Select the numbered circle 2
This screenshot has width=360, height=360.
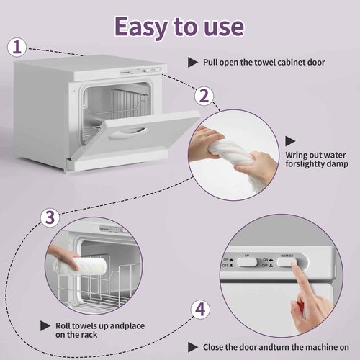[x=204, y=96]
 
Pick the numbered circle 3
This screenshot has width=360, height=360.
[x=49, y=217]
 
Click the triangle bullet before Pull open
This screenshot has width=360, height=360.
[x=192, y=63]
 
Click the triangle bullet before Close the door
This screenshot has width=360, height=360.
[x=194, y=346]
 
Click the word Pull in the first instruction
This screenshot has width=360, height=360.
[x=213, y=63]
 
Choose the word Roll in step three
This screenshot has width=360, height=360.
[x=65, y=325]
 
